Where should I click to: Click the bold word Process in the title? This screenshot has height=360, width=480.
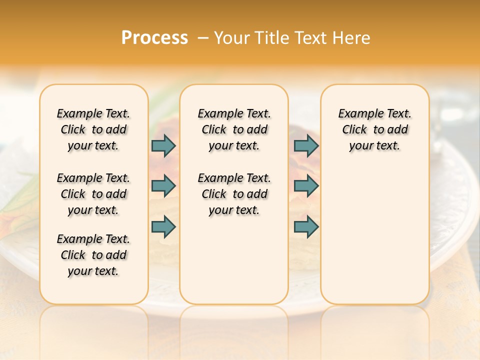pyautogui.click(x=154, y=38)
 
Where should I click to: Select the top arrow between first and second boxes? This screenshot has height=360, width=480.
pyautogui.click(x=163, y=145)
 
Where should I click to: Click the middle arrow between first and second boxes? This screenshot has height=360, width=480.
pyautogui.click(x=163, y=186)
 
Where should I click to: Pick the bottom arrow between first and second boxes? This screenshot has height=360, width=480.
pyautogui.click(x=163, y=226)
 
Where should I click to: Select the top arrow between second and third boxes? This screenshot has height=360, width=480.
pyautogui.click(x=306, y=145)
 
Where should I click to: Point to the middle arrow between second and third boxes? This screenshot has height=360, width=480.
pyautogui.click(x=306, y=186)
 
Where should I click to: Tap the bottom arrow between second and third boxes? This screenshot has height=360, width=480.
pyautogui.click(x=306, y=226)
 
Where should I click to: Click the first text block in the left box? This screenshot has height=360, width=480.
pyautogui.click(x=93, y=129)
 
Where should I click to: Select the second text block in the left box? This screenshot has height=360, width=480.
pyautogui.click(x=93, y=194)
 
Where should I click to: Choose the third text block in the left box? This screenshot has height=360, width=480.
pyautogui.click(x=93, y=255)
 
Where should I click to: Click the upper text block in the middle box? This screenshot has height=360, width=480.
pyautogui.click(x=234, y=129)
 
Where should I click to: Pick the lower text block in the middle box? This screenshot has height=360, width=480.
pyautogui.click(x=234, y=194)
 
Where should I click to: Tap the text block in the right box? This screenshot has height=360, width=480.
pyautogui.click(x=374, y=129)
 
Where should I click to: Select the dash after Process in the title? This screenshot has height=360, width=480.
pyautogui.click(x=203, y=38)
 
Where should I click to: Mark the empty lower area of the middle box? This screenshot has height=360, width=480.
pyautogui.click(x=234, y=260)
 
